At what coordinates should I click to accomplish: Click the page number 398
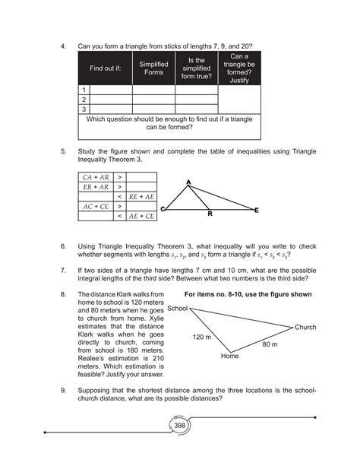coord(180,426)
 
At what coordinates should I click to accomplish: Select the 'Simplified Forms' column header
coord(153,68)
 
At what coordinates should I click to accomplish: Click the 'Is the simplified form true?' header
coord(196,68)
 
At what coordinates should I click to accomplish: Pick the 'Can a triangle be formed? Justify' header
coord(240,68)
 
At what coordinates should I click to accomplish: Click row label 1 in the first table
coord(84,89)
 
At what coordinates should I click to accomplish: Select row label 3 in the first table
coord(84,109)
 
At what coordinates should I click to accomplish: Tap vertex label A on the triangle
coord(188,181)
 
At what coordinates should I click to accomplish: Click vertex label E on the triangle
coord(256,209)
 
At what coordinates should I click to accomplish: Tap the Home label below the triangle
coord(230,355)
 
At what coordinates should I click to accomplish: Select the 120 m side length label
coord(201,336)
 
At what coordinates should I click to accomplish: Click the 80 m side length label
coord(270,344)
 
